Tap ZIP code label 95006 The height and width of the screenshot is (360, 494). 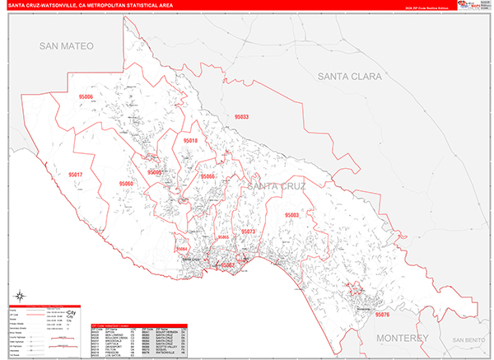coord(86,96)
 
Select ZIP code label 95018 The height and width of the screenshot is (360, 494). coord(190,141)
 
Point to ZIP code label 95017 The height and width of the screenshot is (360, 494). coord(76,175)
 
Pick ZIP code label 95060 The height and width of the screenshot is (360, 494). coord(126,183)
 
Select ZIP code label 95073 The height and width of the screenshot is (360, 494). coord(247,232)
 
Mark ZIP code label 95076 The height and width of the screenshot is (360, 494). coord(382,314)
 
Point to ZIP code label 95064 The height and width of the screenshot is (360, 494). coord(182,249)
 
